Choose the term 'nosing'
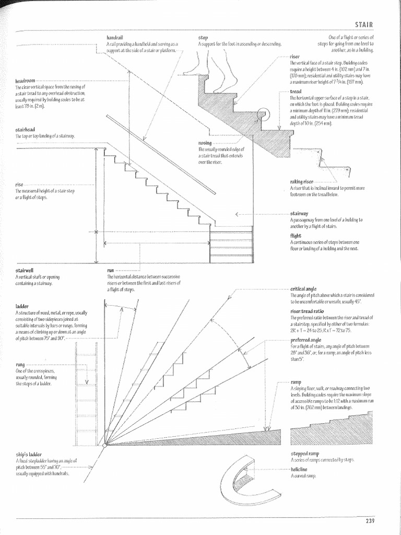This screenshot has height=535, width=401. click(x=205, y=143)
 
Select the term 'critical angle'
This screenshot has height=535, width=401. click(x=303, y=288)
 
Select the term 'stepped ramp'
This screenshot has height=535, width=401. click(x=304, y=454)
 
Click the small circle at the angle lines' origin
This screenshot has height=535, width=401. click(x=104, y=445)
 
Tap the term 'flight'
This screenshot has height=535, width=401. click(x=296, y=236)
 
